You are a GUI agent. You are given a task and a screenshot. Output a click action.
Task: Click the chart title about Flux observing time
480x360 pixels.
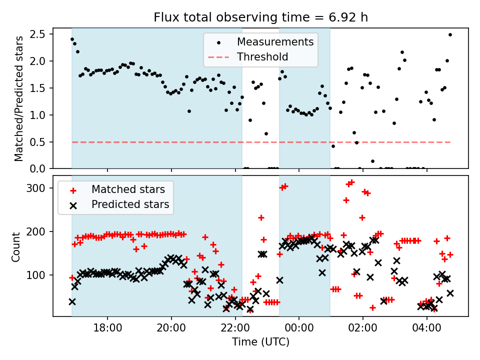pos(260,18)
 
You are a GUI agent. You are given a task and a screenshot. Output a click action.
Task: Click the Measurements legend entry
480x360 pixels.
pos(275,41)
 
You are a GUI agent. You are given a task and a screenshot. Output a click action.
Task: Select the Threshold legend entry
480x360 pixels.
pos(262,57)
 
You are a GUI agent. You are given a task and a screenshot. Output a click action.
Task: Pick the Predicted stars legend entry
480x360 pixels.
pos(130,204)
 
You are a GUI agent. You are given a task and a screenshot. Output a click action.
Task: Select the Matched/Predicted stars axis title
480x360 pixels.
pos(19,98)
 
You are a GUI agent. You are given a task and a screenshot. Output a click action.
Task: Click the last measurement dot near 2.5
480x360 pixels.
pos(450,34)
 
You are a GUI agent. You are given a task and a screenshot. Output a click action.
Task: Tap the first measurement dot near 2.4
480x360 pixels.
pos(72,39)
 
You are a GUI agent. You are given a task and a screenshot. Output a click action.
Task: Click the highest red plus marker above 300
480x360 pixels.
pos(351,182)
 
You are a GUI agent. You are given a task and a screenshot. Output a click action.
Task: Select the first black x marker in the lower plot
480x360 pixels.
pos(72,301)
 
